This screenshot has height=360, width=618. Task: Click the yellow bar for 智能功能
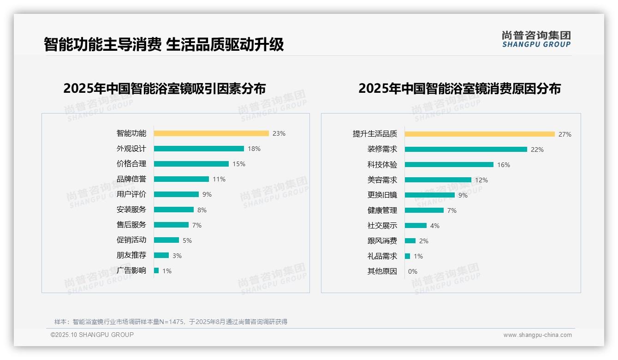tap(211, 133)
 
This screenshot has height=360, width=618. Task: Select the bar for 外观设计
tap(199, 149)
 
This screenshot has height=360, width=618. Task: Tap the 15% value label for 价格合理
tap(239, 164)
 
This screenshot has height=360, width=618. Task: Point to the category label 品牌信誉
tap(131, 179)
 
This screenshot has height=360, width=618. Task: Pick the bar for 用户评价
tap(176, 194)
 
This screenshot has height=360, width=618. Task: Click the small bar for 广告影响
tap(156, 270)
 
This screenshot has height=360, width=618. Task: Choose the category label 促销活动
tap(131, 240)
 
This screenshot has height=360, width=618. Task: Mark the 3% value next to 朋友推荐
tap(177, 256)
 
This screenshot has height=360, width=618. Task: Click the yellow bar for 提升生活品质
tap(480, 134)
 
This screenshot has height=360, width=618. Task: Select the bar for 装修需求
tap(466, 150)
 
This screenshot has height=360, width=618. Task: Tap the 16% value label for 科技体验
tap(504, 165)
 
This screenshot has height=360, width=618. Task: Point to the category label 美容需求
tap(382, 180)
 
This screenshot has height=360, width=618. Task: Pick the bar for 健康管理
tap(424, 210)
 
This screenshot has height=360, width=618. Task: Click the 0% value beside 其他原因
tap(413, 271)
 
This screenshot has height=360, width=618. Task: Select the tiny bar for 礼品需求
tap(407, 256)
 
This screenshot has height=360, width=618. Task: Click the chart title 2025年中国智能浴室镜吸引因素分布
tap(165, 89)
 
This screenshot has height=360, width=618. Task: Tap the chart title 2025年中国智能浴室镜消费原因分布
tap(459, 89)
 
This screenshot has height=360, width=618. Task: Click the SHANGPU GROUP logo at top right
tap(536, 39)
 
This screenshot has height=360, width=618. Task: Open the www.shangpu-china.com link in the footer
tap(537, 335)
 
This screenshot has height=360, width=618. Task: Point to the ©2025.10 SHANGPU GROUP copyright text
tap(92, 335)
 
